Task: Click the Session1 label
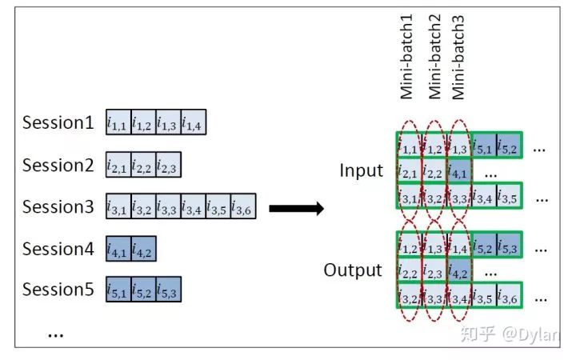58,123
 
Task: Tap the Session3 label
58,207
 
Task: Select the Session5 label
58,289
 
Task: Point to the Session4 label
58,248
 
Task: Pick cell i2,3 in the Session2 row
169,166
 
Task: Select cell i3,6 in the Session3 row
243,208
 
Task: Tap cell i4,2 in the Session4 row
144,250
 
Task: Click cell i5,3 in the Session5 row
169,290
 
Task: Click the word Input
362,170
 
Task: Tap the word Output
353,270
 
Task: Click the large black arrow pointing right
295,209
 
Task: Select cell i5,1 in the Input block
484,146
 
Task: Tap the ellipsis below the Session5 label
55,334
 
